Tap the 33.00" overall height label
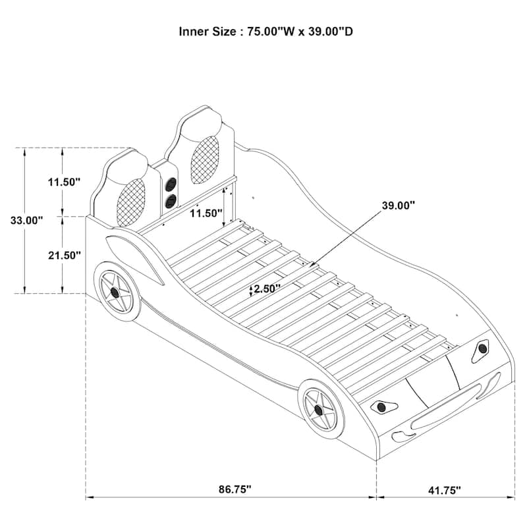[x=26, y=220]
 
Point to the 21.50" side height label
[x=64, y=255]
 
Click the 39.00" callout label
[x=398, y=206]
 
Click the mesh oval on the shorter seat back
[x=131, y=197]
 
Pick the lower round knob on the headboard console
[x=171, y=201]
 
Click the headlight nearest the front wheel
[x=382, y=406]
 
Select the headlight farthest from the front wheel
[x=483, y=349]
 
